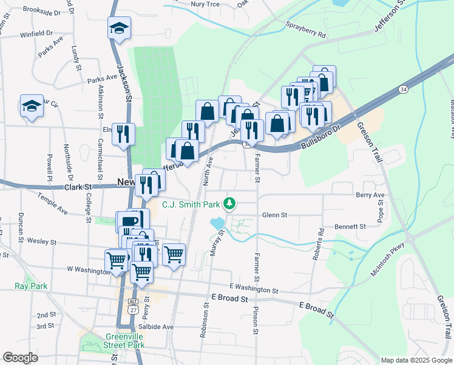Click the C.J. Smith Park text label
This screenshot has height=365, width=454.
[191, 205]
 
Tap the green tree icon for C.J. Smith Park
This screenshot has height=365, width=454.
[230, 203]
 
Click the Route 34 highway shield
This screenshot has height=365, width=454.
[404, 89]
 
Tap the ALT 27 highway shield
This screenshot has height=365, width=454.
[133, 305]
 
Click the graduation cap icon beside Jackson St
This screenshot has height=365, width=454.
[119, 28]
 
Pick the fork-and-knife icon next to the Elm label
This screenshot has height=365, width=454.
[124, 134]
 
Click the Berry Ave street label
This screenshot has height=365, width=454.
[371, 195]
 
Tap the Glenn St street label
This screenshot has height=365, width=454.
[274, 215]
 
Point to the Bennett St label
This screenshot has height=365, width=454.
[353, 226]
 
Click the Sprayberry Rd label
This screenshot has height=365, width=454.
[305, 32]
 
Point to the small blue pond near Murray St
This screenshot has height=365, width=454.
[217, 223]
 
